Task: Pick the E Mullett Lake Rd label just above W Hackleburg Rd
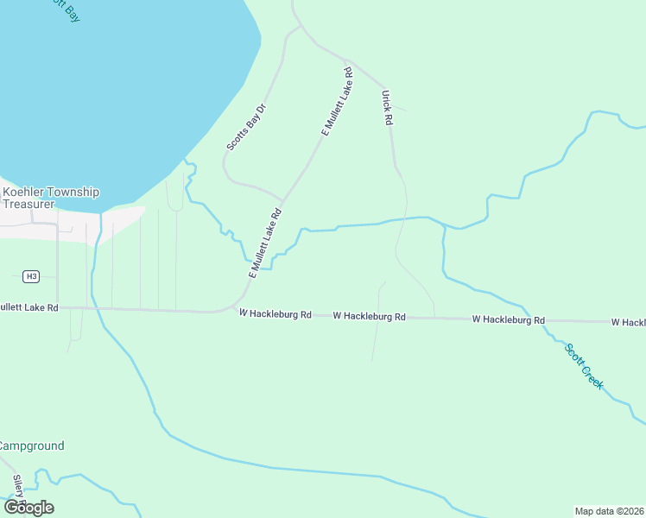[x=265, y=242]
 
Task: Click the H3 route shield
[x=31, y=276]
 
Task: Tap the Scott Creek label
[x=584, y=366]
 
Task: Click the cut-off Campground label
[x=31, y=446]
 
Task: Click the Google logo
[x=28, y=508]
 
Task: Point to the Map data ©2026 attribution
[x=609, y=510]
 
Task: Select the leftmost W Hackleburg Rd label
[x=275, y=314]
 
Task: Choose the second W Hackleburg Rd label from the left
[x=369, y=317]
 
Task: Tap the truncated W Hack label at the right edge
[x=628, y=322]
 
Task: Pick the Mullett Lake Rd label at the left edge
[x=28, y=306]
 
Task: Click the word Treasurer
[x=28, y=204]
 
